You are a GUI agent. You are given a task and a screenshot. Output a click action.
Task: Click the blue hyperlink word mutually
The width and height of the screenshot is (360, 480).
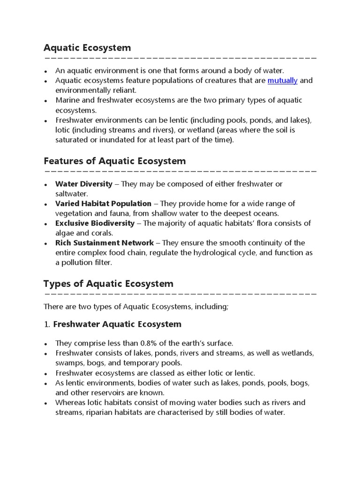point(282,81)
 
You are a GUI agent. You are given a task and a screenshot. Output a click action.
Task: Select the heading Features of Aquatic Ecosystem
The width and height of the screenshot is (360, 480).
point(114,161)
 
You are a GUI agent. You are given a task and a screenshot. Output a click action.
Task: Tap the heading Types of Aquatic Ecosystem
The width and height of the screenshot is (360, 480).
point(108,284)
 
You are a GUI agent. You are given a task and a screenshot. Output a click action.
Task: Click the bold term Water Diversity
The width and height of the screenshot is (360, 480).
point(84,184)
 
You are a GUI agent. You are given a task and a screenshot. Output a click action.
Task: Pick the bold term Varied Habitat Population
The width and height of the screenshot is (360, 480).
point(103,203)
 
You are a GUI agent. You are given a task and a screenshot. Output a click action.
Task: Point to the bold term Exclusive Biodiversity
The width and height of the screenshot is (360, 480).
point(95,223)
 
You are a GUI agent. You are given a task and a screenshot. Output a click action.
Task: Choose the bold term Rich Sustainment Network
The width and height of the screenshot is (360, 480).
point(105,243)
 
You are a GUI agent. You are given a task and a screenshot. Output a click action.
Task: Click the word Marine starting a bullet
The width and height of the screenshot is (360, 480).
point(67,100)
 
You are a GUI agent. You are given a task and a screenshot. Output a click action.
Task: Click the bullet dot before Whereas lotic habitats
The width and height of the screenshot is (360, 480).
point(45,403)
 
